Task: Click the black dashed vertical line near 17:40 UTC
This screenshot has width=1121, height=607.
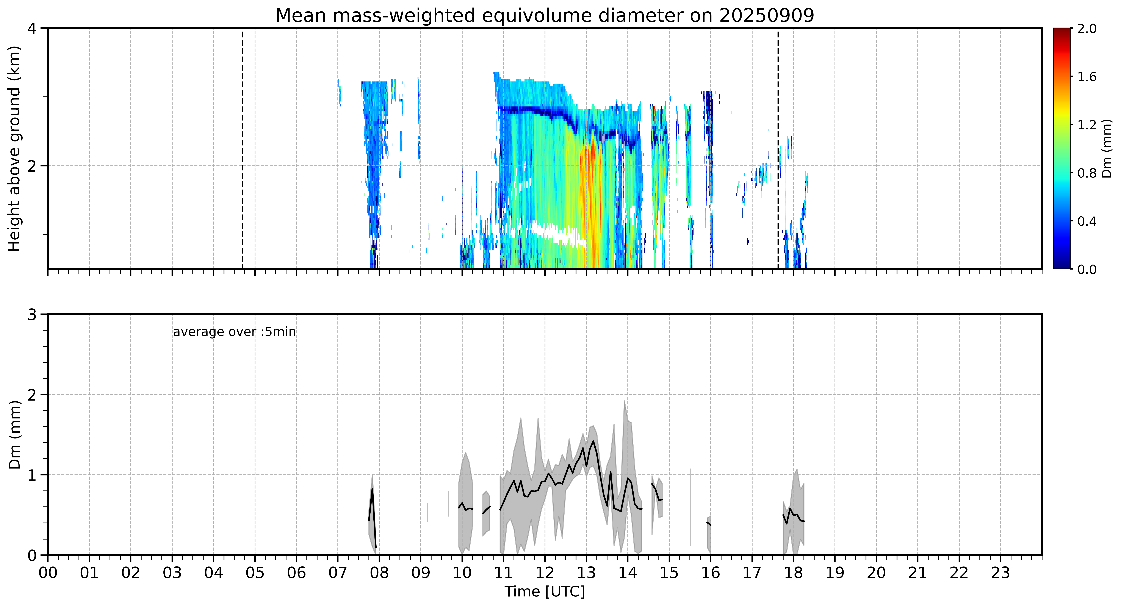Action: pyautogui.click(x=778, y=148)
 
